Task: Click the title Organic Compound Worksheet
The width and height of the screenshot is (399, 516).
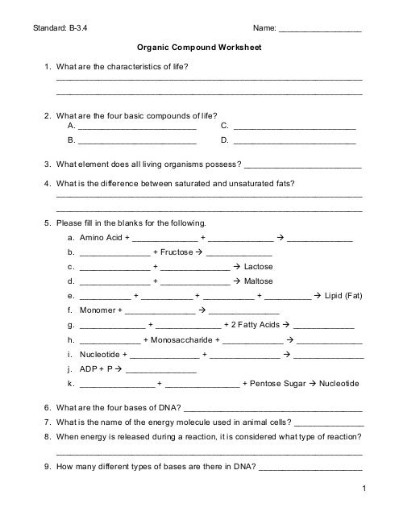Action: pos(199,48)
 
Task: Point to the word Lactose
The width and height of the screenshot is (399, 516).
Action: pos(258,267)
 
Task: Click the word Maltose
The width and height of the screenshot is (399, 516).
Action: pos(259,281)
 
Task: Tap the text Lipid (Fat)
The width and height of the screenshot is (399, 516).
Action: pos(343,297)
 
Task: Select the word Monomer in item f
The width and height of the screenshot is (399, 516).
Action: pos(98,310)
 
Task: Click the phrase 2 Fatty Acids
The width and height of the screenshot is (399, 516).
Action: pos(247,325)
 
